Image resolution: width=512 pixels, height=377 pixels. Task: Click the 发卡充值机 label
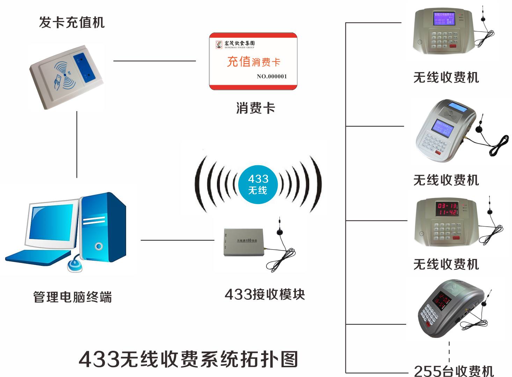(x=72, y=23)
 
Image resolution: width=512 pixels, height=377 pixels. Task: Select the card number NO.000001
(x=272, y=77)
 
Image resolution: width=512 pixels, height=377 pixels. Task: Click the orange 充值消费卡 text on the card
(x=254, y=62)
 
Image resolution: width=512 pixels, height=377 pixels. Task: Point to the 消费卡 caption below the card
(x=255, y=108)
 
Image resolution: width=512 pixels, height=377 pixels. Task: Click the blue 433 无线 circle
(x=258, y=184)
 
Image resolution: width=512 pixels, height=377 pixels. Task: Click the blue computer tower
(x=103, y=227)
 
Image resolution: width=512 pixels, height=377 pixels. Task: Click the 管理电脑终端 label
(x=73, y=297)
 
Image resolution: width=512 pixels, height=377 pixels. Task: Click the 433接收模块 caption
(x=265, y=295)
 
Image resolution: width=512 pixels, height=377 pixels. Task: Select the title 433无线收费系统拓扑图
(x=189, y=359)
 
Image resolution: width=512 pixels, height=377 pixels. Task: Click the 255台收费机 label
(x=454, y=371)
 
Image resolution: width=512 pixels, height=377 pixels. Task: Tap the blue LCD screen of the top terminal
(x=444, y=18)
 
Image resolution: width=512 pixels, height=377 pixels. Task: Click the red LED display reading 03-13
(x=447, y=209)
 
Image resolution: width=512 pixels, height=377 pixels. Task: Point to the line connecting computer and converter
(x=177, y=240)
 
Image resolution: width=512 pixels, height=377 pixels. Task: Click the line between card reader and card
(x=154, y=61)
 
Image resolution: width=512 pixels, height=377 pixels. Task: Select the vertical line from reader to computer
(x=77, y=145)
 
